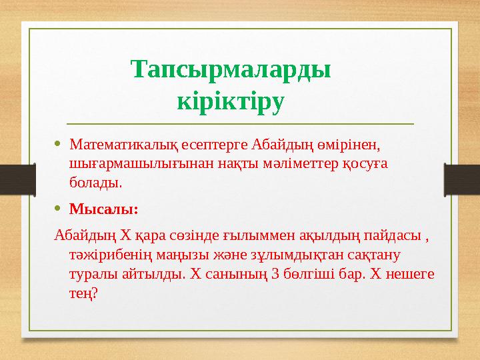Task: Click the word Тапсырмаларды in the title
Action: tap(231, 70)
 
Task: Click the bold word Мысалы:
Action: tap(104, 209)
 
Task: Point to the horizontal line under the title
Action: tap(240, 124)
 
